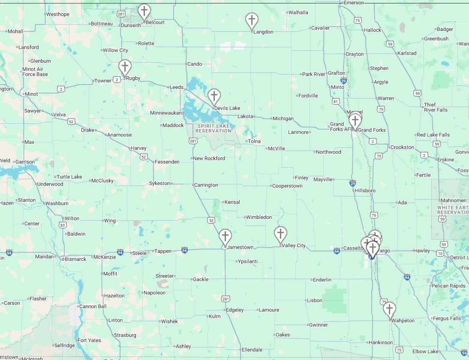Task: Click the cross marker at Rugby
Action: tap(125, 67)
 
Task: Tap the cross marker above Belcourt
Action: tap(144, 11)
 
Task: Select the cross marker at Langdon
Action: tap(252, 20)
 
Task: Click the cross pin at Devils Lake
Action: tap(214, 96)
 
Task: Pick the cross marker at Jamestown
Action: tap(225, 236)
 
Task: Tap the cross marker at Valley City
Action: tap(280, 234)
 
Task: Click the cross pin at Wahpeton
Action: tap(389, 309)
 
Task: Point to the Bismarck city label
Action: tap(75, 259)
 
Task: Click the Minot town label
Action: tap(31, 94)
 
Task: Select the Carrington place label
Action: tap(206, 185)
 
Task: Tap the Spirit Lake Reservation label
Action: tap(213, 128)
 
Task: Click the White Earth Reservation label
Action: tap(452, 210)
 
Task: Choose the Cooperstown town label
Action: tap(288, 186)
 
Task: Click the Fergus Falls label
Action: tap(446, 318)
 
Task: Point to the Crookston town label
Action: tap(402, 147)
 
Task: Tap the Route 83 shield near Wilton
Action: tap(63, 225)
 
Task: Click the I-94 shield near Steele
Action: tap(120, 252)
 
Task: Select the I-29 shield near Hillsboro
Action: tap(352, 183)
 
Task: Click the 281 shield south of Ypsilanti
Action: tap(225, 298)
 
